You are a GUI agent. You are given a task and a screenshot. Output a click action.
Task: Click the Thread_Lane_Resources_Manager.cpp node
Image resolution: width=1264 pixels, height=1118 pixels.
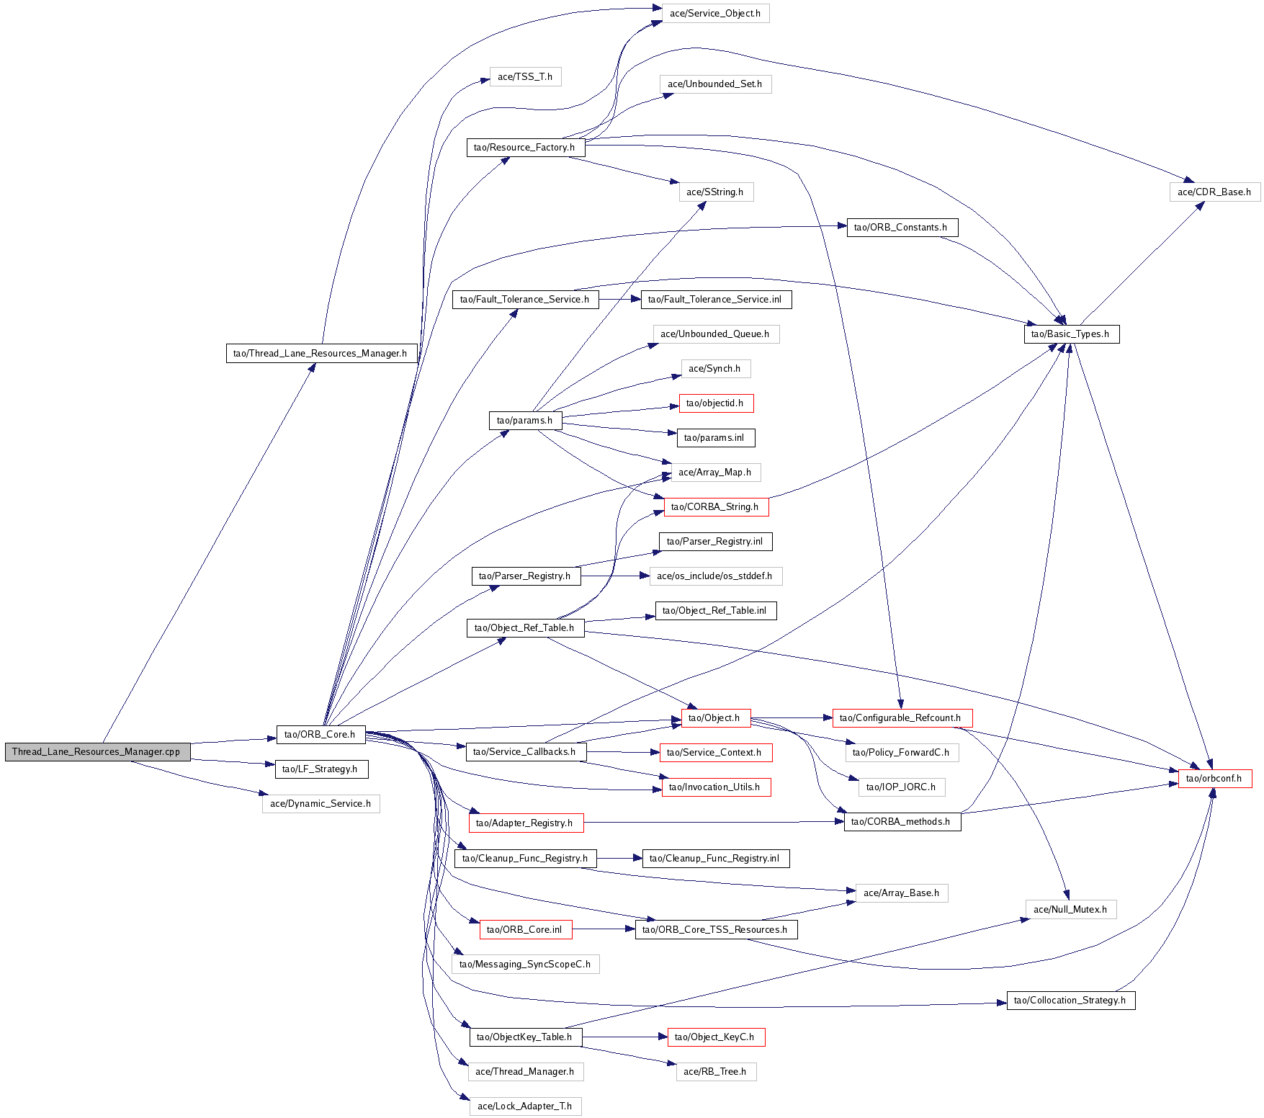coord(97,752)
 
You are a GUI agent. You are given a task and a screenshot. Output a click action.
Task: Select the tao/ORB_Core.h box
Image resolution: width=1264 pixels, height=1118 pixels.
coord(321,735)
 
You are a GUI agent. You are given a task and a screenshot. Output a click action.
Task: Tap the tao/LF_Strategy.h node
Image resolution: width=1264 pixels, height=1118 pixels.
coord(321,769)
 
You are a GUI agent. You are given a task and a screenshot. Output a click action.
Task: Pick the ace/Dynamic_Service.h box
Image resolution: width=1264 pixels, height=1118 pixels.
coord(321,804)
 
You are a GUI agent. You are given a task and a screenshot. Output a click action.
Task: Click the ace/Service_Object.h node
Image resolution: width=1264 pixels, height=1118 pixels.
coord(715,14)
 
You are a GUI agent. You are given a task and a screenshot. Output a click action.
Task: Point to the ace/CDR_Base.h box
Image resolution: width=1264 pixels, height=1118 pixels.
coord(1214,192)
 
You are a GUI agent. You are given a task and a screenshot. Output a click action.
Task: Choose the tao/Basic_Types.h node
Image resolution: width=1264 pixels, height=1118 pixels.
coord(1071,334)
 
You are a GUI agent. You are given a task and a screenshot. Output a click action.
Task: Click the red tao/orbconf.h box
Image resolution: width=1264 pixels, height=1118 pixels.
coord(1214,779)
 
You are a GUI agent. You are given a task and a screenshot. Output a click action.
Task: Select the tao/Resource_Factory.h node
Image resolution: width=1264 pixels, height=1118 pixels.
coord(525,148)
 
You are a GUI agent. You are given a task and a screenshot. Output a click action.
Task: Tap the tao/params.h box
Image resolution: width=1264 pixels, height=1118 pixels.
coord(525,421)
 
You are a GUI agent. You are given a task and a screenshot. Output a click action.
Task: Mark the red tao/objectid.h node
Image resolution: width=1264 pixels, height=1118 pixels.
coord(715,403)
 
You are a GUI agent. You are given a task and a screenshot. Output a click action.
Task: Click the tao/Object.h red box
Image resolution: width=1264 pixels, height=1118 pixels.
coord(715,718)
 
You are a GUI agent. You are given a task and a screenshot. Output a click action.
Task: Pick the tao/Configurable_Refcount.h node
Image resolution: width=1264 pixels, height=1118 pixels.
coord(901,718)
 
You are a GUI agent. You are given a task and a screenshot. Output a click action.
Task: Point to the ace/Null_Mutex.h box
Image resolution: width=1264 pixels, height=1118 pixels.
coord(1070,910)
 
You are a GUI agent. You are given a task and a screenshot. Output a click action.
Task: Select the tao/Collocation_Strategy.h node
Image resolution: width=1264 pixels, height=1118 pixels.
coord(1070,1001)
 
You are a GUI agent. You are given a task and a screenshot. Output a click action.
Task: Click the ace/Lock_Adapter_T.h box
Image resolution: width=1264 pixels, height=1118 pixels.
coord(525,1106)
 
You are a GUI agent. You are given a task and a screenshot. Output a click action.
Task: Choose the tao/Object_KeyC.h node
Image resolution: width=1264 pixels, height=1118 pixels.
coord(715,1037)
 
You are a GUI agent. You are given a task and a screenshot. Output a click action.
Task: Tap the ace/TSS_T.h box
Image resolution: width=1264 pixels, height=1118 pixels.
coord(525,77)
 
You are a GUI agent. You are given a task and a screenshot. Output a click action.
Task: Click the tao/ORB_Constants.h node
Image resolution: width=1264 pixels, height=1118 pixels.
coord(901,228)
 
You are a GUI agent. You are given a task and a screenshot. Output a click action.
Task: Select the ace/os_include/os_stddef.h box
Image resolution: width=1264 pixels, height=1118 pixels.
coord(715,576)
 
